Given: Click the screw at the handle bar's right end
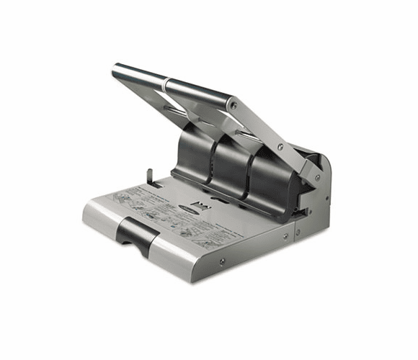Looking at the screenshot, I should (232, 106).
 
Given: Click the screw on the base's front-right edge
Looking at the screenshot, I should (285, 235).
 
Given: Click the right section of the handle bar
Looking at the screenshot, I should (199, 94).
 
